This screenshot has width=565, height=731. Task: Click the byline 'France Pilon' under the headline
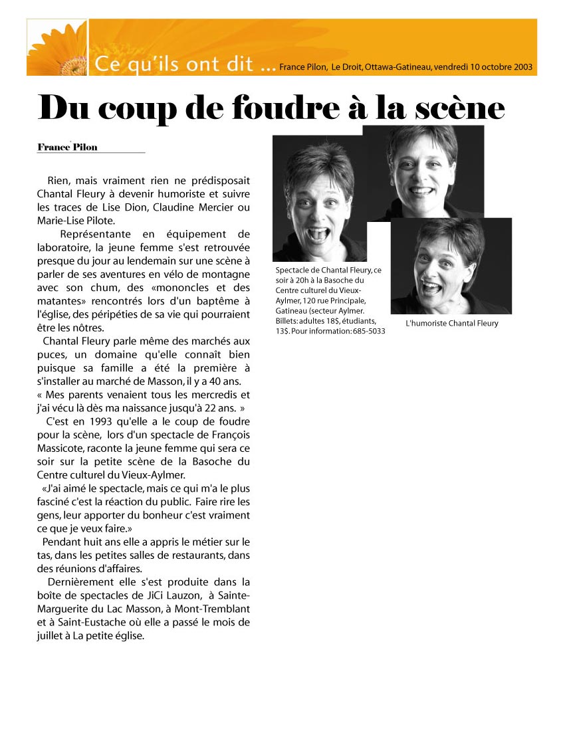[x=67, y=147]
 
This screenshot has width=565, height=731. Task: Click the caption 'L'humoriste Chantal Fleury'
[x=451, y=324]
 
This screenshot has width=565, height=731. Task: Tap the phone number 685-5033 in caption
[x=369, y=331]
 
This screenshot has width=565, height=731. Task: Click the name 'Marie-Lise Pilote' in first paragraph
[x=76, y=221]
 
